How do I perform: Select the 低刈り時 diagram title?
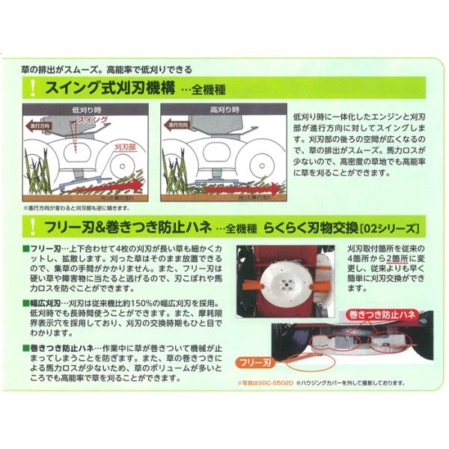pyautogui.click(x=88, y=109)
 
